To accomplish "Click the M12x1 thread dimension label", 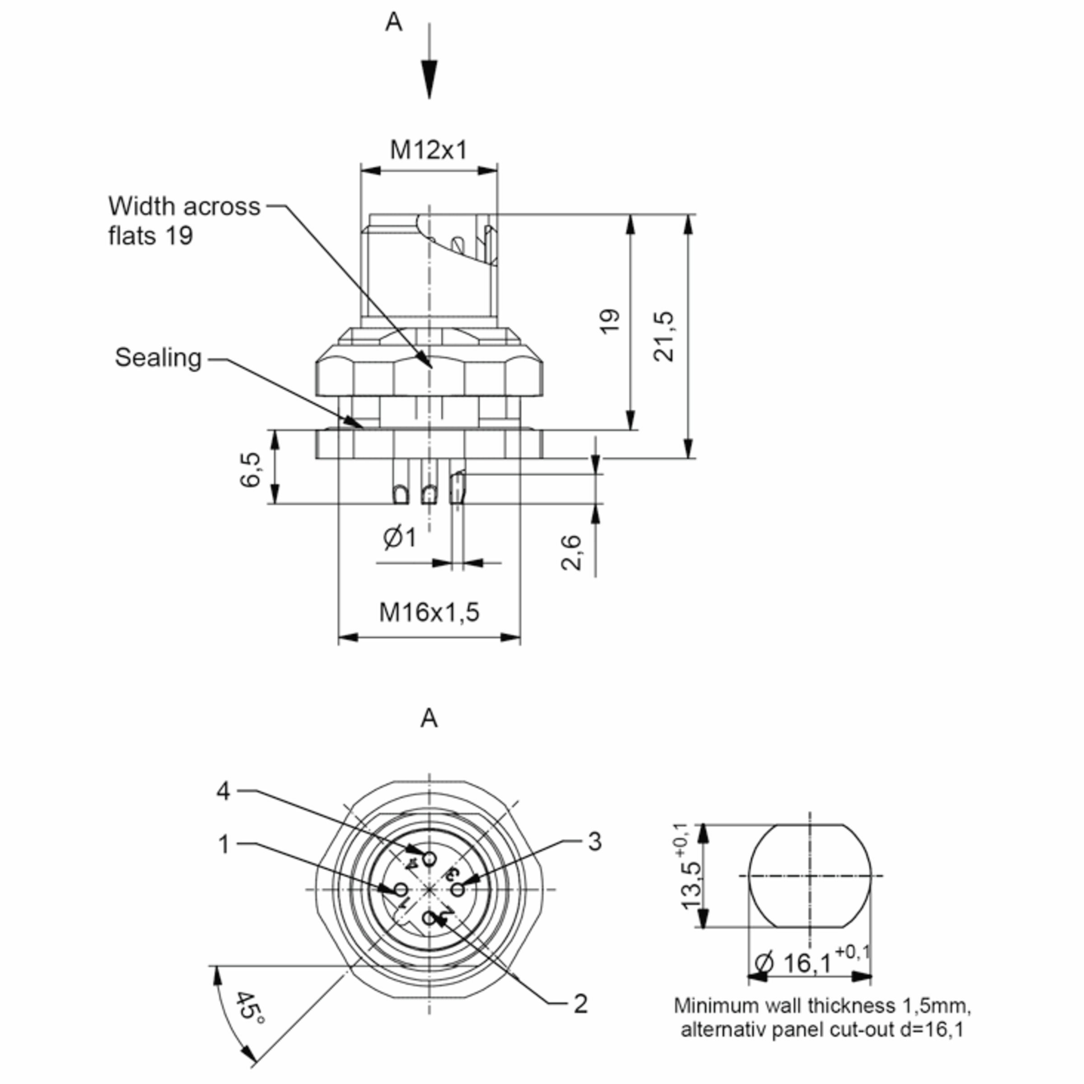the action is [429, 150].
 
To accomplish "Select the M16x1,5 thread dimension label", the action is [429, 612].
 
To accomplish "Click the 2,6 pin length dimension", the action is [571, 553].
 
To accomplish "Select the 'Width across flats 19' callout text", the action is [184, 220].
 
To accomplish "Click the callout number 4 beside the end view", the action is [223, 792].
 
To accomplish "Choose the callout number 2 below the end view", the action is [581, 1004].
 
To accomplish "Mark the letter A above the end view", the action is [429, 718].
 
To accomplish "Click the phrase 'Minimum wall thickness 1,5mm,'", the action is [822, 1005].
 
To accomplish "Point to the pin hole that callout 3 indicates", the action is [458, 890].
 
